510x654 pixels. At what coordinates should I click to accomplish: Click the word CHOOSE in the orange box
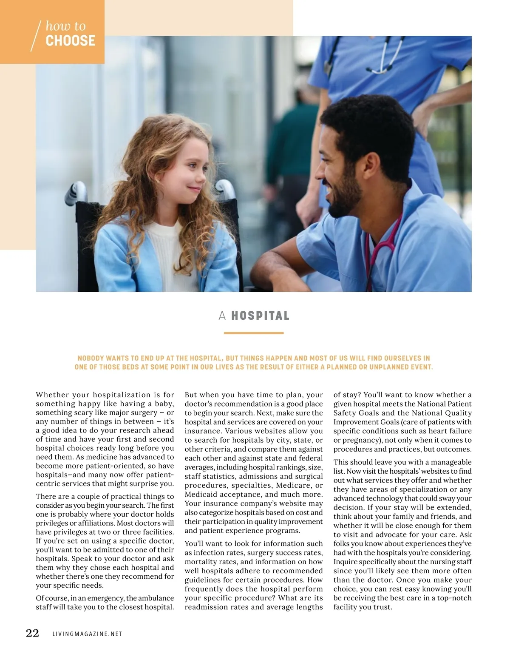[x=70, y=41]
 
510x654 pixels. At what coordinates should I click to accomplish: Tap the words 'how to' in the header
[x=65, y=26]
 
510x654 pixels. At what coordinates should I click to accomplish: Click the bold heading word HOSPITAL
[x=260, y=316]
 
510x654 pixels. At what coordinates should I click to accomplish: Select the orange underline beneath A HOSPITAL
[x=253, y=333]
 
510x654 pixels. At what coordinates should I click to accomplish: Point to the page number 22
[x=32, y=633]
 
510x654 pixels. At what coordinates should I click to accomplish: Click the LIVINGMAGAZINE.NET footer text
[x=87, y=634]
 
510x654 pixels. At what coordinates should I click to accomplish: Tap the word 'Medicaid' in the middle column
[x=200, y=494]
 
